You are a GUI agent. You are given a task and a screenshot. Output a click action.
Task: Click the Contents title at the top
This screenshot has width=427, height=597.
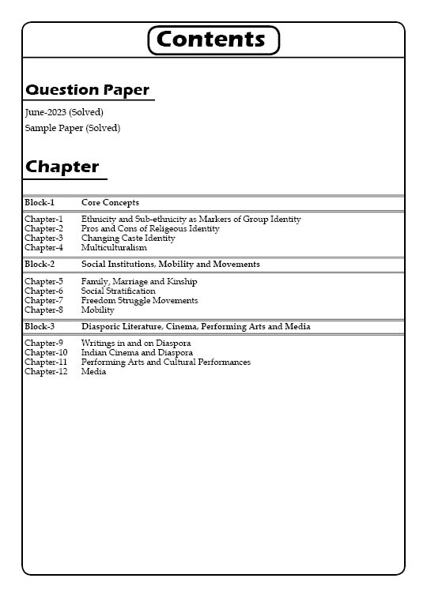point(213,39)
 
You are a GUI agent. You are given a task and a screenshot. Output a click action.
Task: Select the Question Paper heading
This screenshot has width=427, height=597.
point(87,90)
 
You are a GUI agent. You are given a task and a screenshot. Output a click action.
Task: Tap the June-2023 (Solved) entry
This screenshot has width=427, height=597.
point(64,112)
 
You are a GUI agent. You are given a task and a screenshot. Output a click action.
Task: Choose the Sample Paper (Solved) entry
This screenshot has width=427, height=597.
point(73,128)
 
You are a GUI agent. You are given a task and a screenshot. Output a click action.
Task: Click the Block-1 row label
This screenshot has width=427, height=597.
point(40,203)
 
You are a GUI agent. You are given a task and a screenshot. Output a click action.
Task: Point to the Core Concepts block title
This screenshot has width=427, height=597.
point(110,203)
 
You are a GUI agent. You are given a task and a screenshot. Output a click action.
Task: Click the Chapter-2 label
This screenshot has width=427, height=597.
point(43,229)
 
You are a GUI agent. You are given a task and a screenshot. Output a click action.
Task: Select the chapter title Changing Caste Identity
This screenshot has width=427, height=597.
point(128,238)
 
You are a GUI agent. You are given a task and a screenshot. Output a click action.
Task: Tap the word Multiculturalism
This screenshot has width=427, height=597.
point(114,248)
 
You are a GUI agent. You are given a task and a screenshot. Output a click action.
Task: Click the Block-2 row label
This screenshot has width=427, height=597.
point(40,265)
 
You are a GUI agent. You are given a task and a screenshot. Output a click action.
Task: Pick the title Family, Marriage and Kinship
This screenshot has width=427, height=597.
point(139,282)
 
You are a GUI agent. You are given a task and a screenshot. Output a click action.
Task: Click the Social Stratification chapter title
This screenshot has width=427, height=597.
point(118,291)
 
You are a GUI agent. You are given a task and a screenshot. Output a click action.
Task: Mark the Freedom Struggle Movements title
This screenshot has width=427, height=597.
point(139,301)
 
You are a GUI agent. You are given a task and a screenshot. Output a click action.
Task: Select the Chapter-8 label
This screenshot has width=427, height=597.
point(43,310)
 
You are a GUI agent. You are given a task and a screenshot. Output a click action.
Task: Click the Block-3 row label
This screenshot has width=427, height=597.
point(40,327)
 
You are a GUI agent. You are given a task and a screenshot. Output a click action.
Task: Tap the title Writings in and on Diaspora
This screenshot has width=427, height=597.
point(136,344)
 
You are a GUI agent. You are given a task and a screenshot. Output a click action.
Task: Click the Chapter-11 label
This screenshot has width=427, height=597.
point(46,362)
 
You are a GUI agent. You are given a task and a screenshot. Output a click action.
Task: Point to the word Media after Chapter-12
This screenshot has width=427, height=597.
point(93,372)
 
